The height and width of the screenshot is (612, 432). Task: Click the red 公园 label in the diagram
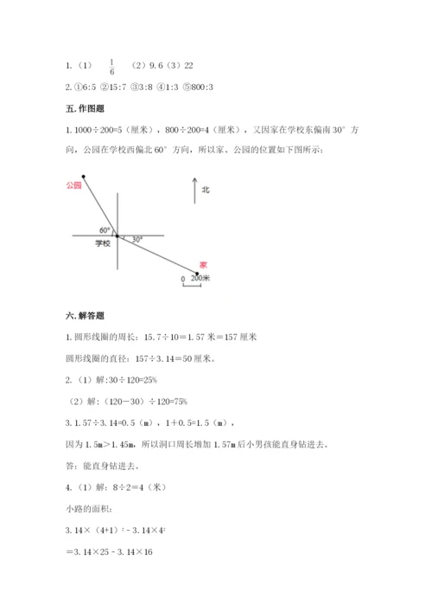pos(73,185)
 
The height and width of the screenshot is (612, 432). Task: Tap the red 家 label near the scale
pos(202,264)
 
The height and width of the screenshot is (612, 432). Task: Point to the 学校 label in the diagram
pos(103,244)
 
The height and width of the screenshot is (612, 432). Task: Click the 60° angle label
pos(105,229)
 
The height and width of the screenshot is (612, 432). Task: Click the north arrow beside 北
pos(194,190)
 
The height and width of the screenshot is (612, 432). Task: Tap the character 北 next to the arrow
pos(206,189)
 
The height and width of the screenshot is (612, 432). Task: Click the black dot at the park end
pos(83,176)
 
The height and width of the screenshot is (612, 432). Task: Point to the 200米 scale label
pos(200,279)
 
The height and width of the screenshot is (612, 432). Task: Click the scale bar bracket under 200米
pos(192,287)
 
